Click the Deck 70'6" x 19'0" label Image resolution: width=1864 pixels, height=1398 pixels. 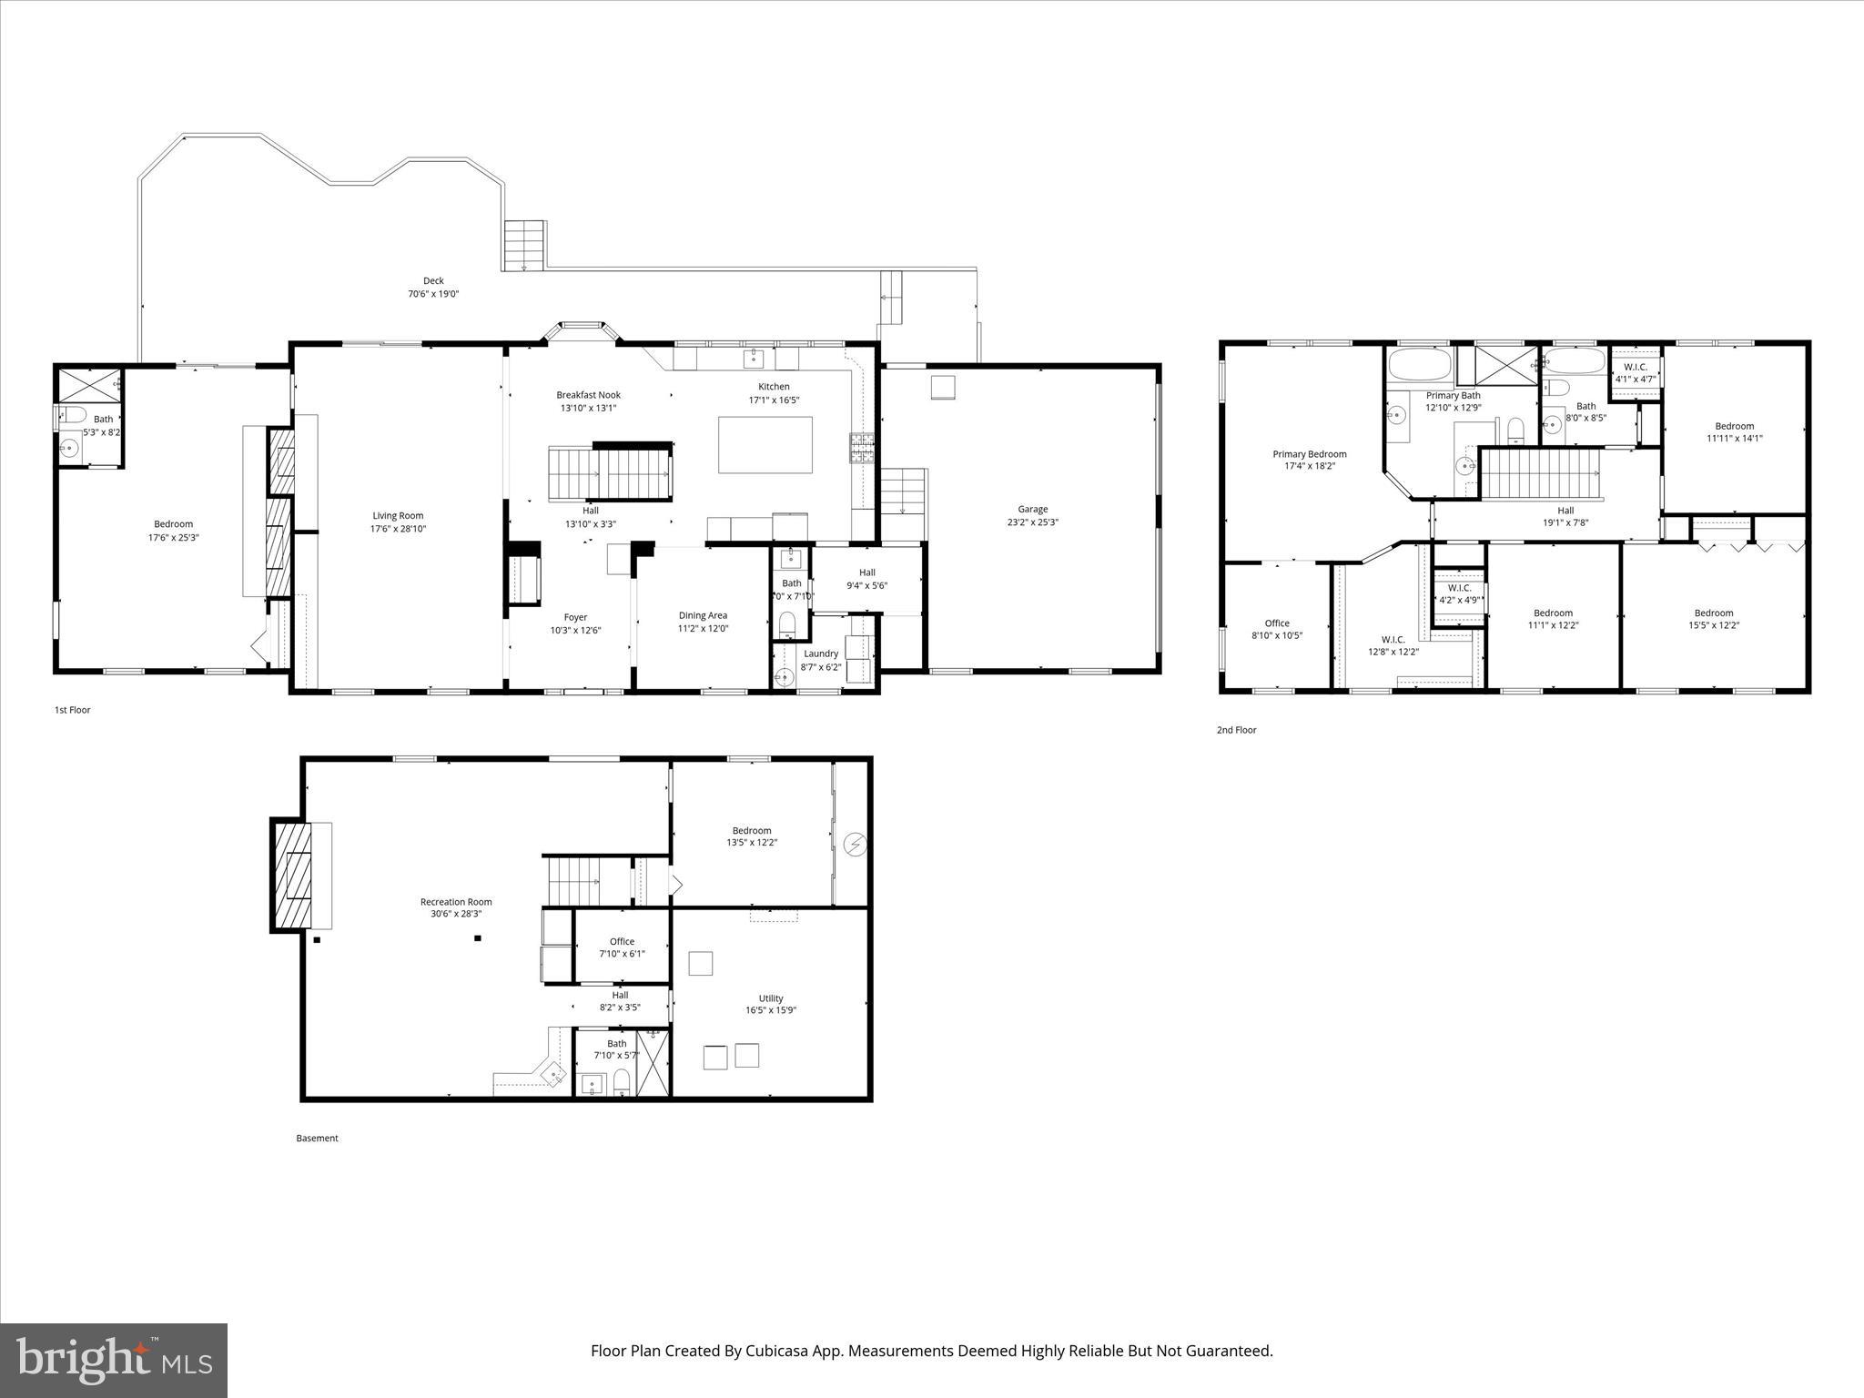[x=433, y=288]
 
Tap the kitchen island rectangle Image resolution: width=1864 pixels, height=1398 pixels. [x=765, y=445]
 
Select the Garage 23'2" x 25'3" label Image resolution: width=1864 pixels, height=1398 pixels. [x=1032, y=516]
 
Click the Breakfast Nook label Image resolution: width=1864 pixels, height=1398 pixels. [x=588, y=401]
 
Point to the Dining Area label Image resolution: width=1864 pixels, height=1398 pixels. [x=703, y=622]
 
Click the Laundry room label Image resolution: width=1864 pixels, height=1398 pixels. [x=820, y=660]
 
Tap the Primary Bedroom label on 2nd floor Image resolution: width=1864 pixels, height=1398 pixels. [x=1309, y=460]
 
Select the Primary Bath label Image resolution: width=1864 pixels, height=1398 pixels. [x=1453, y=401]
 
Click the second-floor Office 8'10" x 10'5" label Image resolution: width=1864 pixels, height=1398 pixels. [x=1276, y=630]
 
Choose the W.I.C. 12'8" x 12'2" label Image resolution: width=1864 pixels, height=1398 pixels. [x=1393, y=645]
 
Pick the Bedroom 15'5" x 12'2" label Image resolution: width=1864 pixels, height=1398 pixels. [x=1713, y=619]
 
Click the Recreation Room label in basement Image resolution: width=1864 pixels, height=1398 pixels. [x=456, y=907]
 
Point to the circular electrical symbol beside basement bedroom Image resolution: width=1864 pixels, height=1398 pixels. [x=855, y=846]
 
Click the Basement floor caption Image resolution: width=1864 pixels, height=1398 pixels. [x=317, y=1138]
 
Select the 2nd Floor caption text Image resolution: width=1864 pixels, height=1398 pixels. [x=1236, y=730]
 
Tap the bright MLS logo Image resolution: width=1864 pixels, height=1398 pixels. [x=114, y=1361]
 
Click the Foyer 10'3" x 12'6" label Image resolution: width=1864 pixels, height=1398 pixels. [x=575, y=623]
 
